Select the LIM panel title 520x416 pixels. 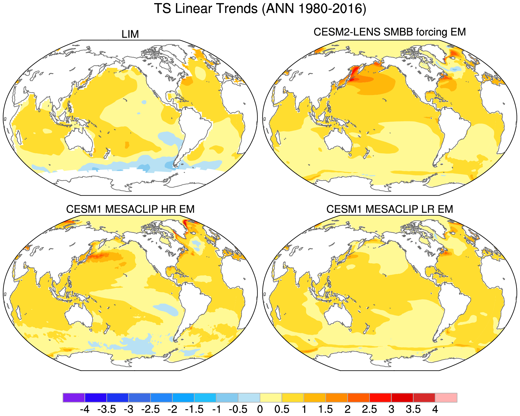(130, 35)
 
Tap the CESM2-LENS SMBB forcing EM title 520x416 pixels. (390, 32)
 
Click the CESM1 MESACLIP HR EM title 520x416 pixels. (130, 209)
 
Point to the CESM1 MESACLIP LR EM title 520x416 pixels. (390, 209)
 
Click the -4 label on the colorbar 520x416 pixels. (85, 409)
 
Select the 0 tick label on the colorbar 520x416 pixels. (260, 409)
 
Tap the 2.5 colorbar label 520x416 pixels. (369, 409)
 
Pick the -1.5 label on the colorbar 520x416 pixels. (194, 409)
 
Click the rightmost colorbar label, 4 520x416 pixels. (435, 409)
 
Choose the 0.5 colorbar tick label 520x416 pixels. (282, 409)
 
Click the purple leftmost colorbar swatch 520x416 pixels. (74, 397)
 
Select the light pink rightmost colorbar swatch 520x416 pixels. (446, 397)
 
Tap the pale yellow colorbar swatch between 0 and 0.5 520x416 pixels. (271, 397)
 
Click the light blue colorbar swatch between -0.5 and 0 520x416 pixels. (249, 397)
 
